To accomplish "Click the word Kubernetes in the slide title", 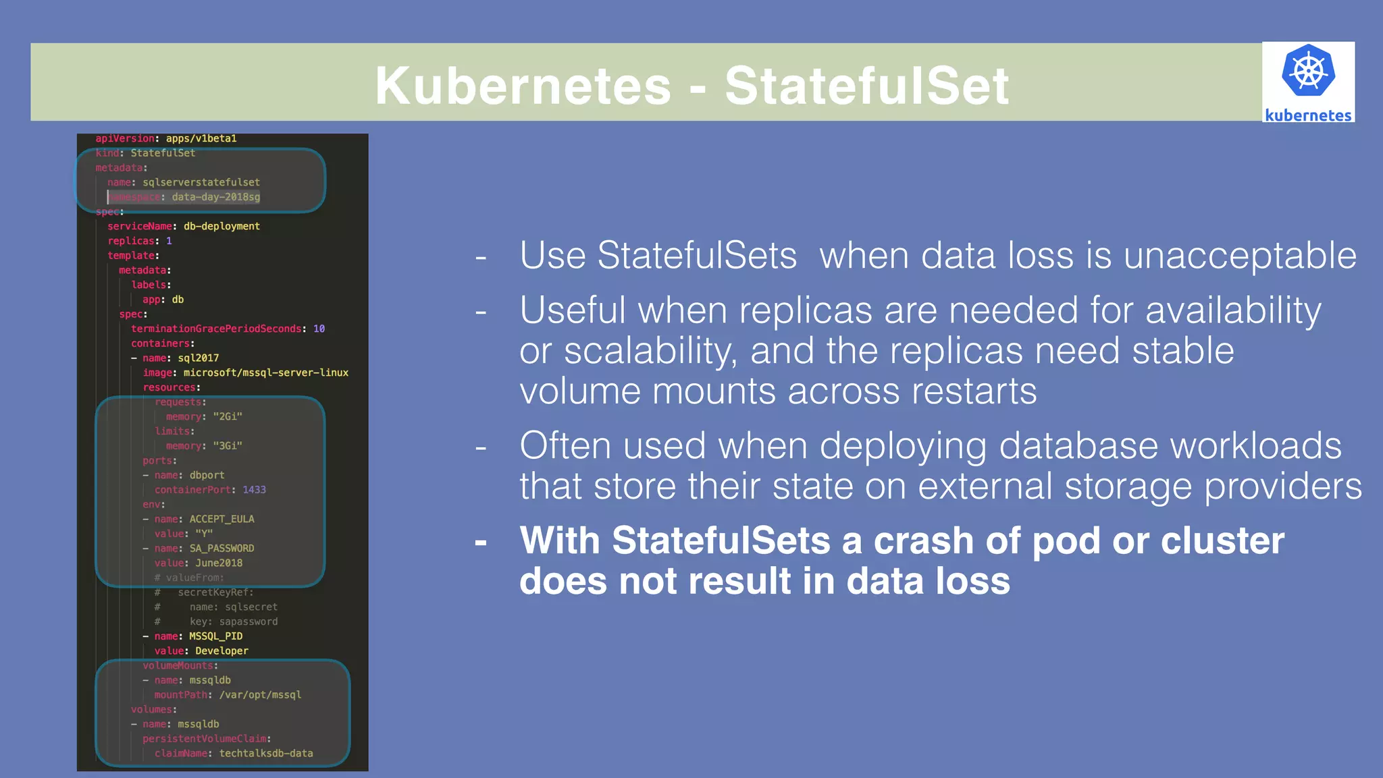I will pyautogui.click(x=523, y=86).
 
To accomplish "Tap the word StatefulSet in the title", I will pyautogui.click(x=866, y=86).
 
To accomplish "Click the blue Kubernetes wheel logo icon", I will pyautogui.click(x=1308, y=71).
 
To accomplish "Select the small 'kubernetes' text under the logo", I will pyautogui.click(x=1308, y=115).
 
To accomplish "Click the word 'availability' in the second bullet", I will pyautogui.click(x=1233, y=310).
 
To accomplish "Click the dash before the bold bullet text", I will pyautogui.click(x=481, y=542).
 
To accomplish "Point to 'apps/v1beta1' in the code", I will pyautogui.click(x=201, y=138).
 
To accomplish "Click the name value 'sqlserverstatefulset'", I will pyautogui.click(x=201, y=182).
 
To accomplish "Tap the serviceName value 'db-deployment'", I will pyautogui.click(x=221, y=226).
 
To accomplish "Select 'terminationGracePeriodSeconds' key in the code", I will pyautogui.click(x=216, y=329).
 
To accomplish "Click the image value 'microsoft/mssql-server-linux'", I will pyautogui.click(x=266, y=372).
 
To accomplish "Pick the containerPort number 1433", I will pyautogui.click(x=254, y=490).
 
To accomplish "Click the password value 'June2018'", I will pyautogui.click(x=219, y=563).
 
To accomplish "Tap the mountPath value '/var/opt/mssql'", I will pyautogui.click(x=260, y=695).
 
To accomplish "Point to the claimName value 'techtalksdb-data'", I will pyautogui.click(x=266, y=753).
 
